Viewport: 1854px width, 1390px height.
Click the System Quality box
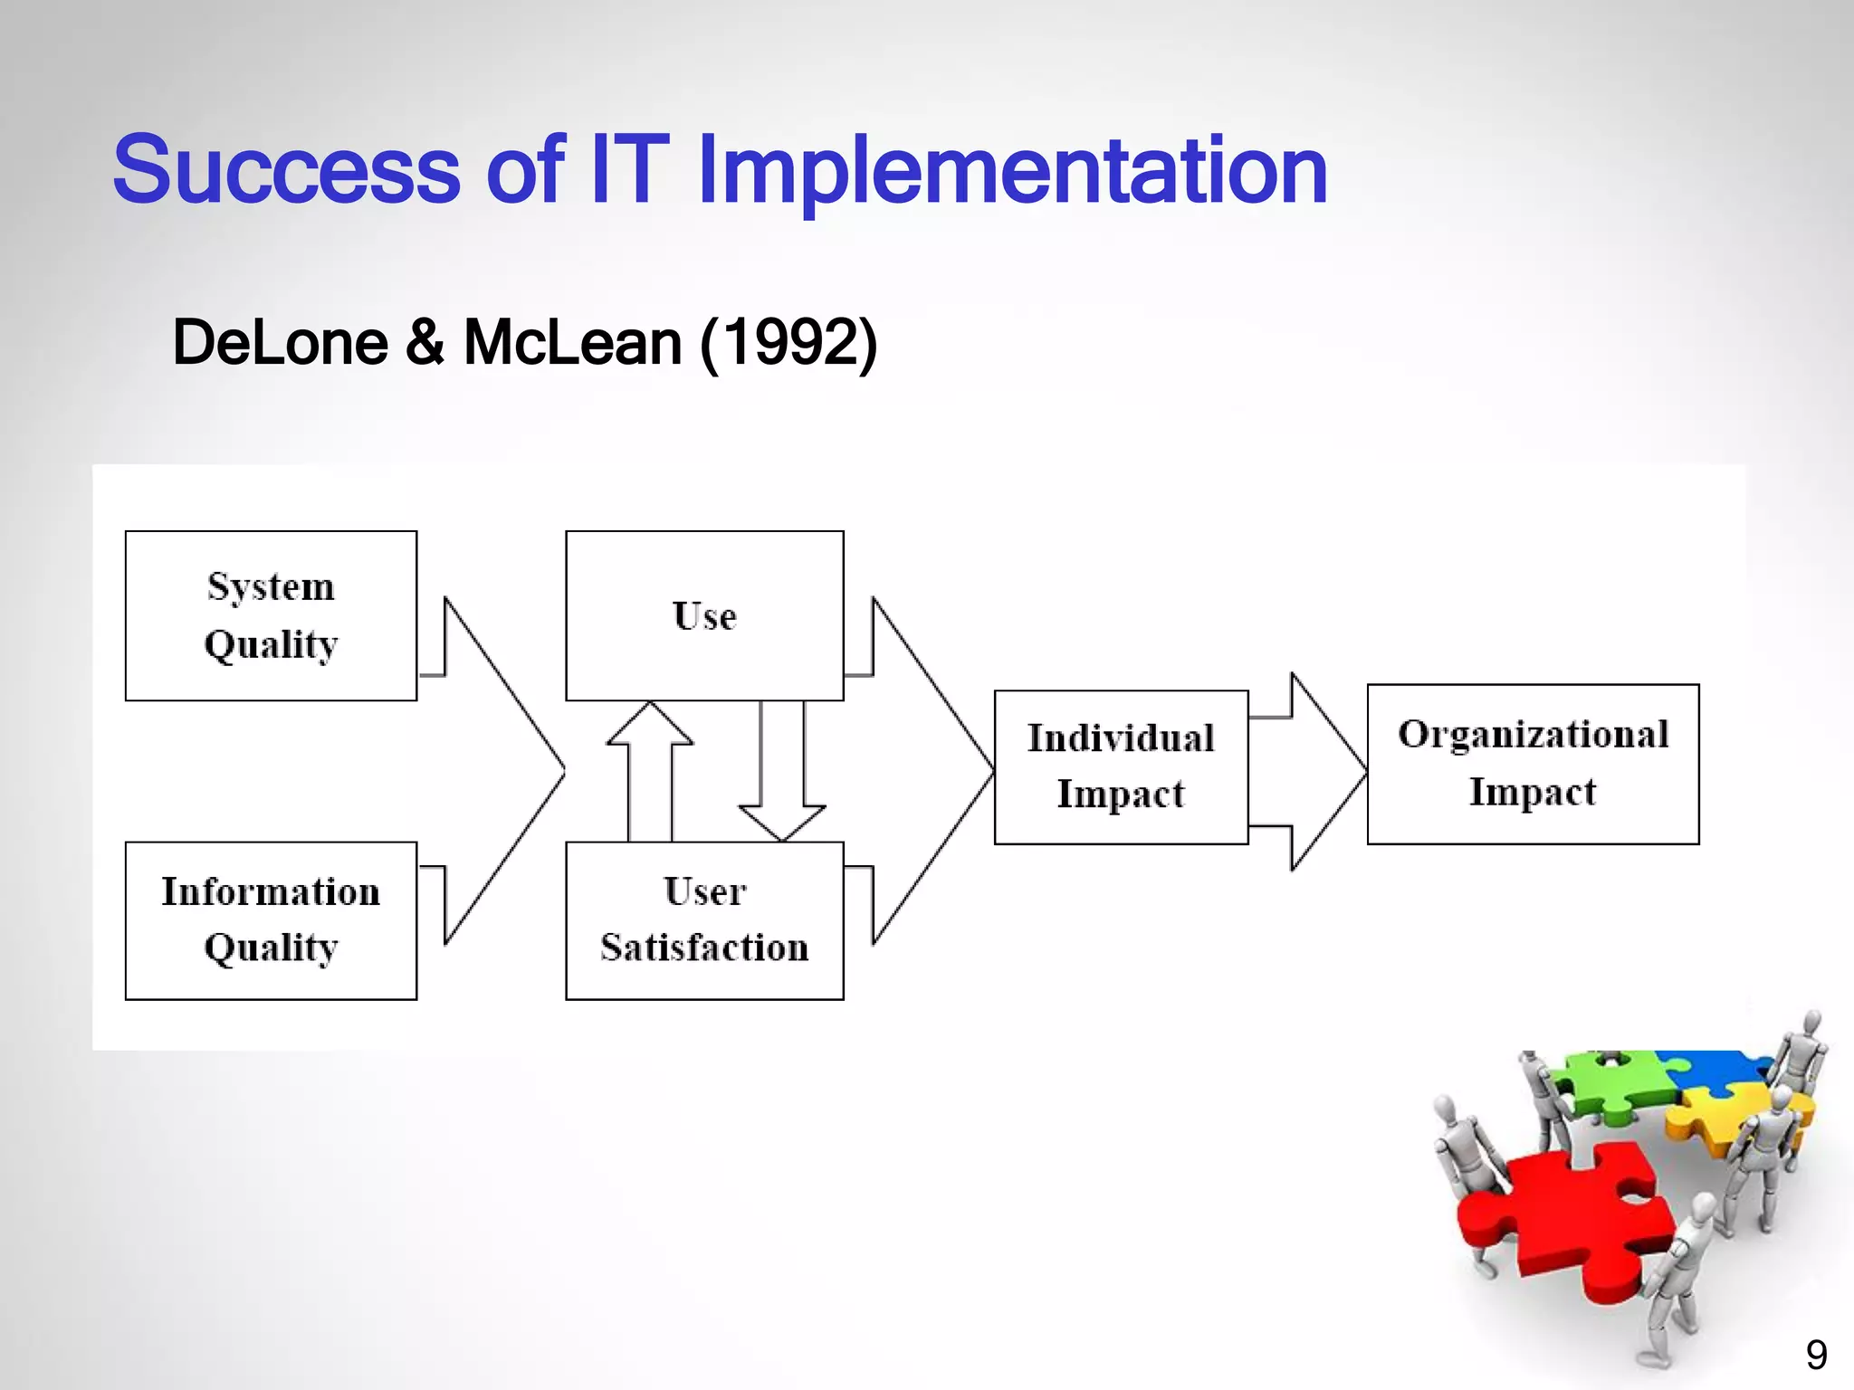[x=271, y=615]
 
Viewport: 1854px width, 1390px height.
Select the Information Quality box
[x=271, y=920]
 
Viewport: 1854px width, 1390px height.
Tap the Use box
[x=704, y=615]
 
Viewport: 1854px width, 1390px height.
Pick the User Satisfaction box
[x=704, y=920]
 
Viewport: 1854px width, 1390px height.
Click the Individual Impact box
[x=1121, y=767]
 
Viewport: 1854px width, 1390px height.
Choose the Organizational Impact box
[x=1533, y=764]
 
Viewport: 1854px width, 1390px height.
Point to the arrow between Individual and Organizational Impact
[x=1313, y=771]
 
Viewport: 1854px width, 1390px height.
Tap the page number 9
[x=1816, y=1355]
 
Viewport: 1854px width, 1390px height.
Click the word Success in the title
[x=286, y=170]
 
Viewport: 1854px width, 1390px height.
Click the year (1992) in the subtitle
[x=788, y=343]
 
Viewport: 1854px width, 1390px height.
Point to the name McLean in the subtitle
[x=572, y=343]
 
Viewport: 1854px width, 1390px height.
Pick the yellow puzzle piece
[x=1720, y=1118]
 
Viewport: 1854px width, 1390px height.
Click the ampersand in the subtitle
[x=425, y=343]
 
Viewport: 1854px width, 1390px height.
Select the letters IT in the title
[x=629, y=170]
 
